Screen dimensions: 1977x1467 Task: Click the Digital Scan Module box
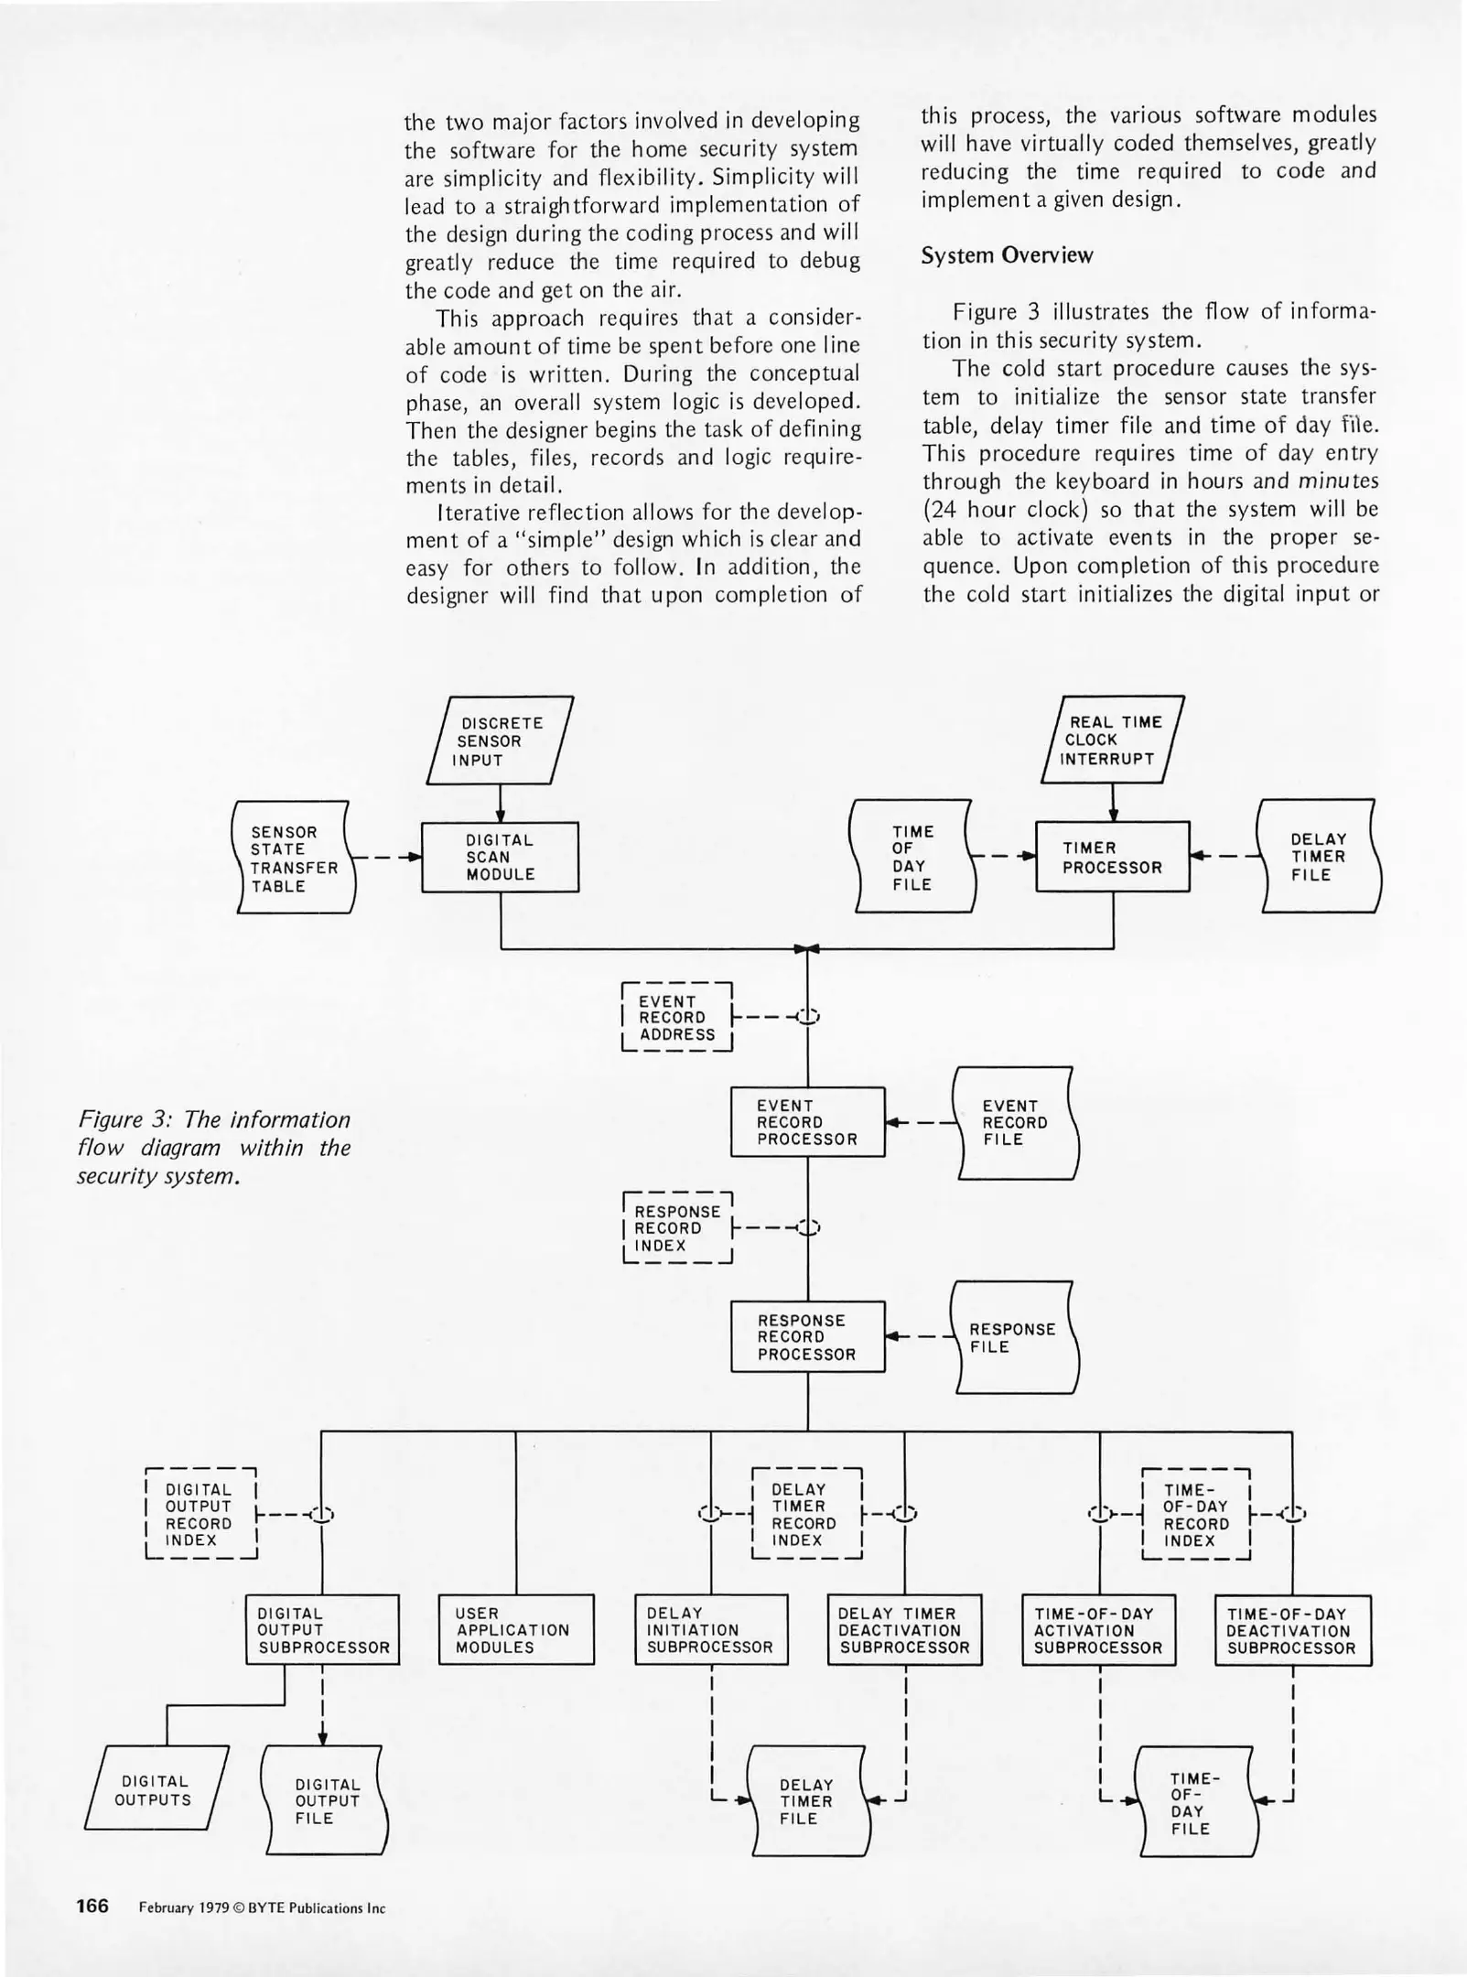point(500,857)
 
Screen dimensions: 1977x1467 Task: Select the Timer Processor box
point(1112,857)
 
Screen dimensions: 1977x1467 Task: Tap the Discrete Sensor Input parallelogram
point(500,740)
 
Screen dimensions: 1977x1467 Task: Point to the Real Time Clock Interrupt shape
point(1112,740)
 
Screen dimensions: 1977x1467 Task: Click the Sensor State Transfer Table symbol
point(294,858)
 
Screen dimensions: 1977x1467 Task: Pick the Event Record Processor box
point(807,1122)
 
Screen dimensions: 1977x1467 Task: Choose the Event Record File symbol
point(1015,1122)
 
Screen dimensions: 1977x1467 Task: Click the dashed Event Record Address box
point(677,1018)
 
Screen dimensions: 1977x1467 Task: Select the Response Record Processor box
point(807,1337)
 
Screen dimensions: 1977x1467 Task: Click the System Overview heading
point(1007,255)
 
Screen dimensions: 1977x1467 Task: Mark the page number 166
point(92,1907)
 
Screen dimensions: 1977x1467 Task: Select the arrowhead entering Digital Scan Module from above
point(501,816)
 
